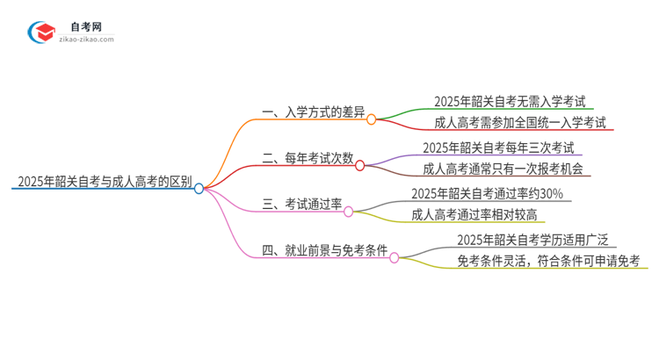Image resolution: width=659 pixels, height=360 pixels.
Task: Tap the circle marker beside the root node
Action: (x=199, y=188)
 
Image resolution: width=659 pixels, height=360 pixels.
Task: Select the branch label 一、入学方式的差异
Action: (x=313, y=112)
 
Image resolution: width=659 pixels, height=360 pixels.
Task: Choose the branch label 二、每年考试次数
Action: (x=307, y=159)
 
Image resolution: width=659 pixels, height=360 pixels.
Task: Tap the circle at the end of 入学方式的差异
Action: (x=372, y=119)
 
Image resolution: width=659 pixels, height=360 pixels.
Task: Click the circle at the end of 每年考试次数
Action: (x=360, y=164)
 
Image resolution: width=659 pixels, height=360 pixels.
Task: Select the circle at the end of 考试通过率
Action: (x=348, y=211)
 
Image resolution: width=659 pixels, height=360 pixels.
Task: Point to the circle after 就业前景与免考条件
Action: (x=395, y=257)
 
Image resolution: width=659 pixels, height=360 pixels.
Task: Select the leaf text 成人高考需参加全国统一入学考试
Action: (x=520, y=123)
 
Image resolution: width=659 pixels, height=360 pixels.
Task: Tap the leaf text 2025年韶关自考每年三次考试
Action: (x=498, y=148)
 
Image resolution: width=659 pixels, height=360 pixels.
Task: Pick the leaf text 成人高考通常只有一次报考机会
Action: (x=503, y=169)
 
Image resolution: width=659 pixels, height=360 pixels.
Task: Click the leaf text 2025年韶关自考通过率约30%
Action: (x=487, y=194)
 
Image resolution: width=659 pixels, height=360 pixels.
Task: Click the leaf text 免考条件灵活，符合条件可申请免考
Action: (x=548, y=261)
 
